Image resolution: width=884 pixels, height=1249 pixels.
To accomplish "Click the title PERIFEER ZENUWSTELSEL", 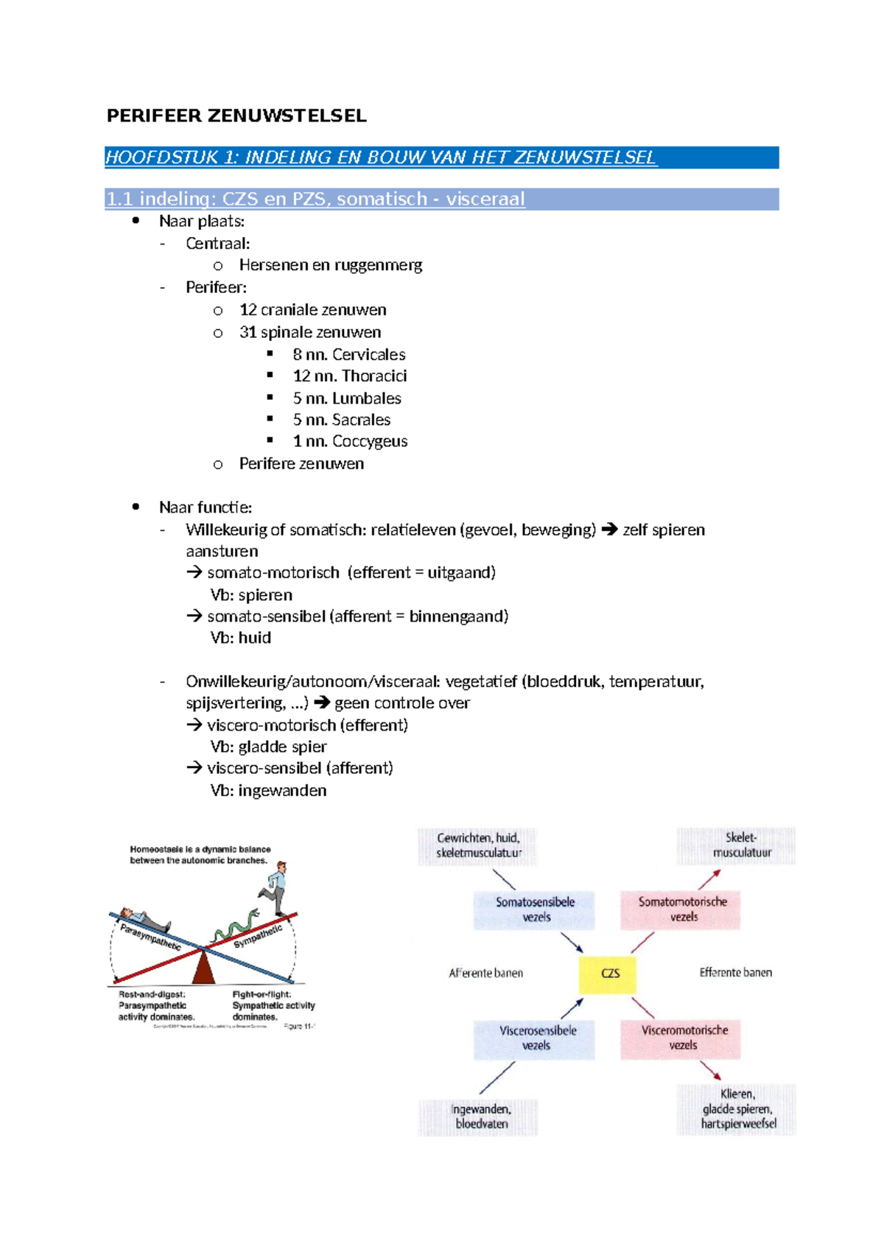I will (236, 116).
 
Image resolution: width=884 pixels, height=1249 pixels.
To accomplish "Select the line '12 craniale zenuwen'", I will (312, 310).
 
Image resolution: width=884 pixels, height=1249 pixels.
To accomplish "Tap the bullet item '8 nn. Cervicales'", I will (348, 354).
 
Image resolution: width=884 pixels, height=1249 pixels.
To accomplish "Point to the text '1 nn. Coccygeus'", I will (350, 441).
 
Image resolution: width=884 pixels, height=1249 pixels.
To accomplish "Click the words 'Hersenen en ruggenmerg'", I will (330, 265).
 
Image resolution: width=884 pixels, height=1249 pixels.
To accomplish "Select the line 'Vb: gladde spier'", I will (268, 747).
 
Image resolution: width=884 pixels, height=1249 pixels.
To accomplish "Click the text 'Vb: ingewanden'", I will (268, 790).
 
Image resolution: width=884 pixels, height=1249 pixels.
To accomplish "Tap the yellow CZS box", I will (608, 974).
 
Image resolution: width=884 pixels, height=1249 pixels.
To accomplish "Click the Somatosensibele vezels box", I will (535, 910).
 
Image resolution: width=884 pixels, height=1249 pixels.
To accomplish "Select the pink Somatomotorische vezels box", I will (681, 910).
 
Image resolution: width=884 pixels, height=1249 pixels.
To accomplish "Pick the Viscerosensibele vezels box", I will (535, 1038).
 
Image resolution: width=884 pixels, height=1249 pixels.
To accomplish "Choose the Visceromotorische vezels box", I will (681, 1038).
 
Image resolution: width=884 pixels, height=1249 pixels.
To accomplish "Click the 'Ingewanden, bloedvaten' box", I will (480, 1116).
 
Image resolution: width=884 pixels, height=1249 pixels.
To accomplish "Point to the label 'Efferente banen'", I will (735, 973).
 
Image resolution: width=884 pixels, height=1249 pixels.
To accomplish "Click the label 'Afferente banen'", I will (485, 974).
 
